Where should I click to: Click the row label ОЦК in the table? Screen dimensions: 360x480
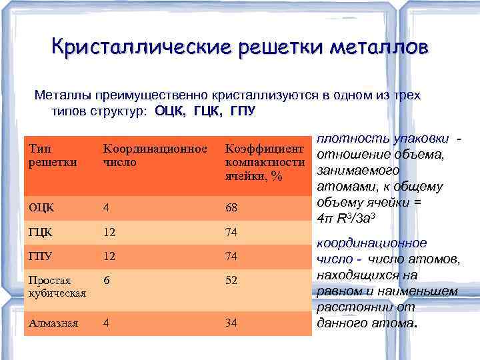click(x=41, y=207)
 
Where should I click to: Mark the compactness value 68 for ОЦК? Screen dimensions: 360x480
click(x=231, y=207)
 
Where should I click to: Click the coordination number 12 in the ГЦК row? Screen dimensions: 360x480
click(x=109, y=233)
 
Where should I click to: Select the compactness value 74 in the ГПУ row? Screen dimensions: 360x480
click(x=231, y=257)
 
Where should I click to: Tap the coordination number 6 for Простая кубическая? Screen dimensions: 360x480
click(x=106, y=281)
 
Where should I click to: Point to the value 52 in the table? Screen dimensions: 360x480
click(x=231, y=281)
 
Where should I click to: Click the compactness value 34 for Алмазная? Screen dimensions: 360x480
click(x=231, y=323)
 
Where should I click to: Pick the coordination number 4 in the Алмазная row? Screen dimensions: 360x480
click(x=106, y=323)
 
